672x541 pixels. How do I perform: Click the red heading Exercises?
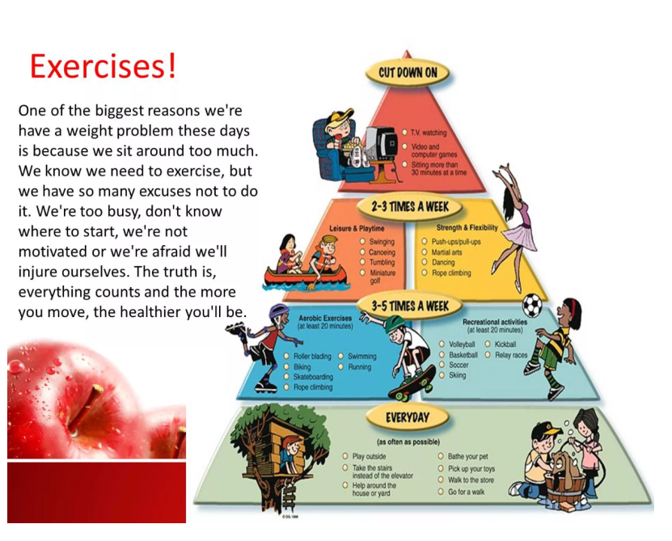(103, 66)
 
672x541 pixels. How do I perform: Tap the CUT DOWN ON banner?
(408, 73)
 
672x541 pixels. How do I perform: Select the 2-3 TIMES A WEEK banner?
(410, 207)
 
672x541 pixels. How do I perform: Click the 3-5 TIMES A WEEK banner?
(410, 306)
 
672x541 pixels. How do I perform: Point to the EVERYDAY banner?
(407, 417)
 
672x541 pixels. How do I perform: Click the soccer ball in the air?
(532, 305)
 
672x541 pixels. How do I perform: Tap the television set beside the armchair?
(381, 144)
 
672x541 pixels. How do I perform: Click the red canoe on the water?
(305, 275)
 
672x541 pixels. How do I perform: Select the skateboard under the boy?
(412, 385)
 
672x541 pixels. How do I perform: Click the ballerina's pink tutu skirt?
(519, 238)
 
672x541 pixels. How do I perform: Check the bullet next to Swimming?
(341, 356)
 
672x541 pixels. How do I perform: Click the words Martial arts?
(446, 252)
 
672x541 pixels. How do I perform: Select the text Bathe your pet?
(467, 457)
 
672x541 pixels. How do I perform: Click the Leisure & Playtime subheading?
(357, 229)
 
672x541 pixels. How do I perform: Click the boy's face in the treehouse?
(294, 446)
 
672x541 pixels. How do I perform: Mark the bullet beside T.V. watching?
(404, 133)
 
